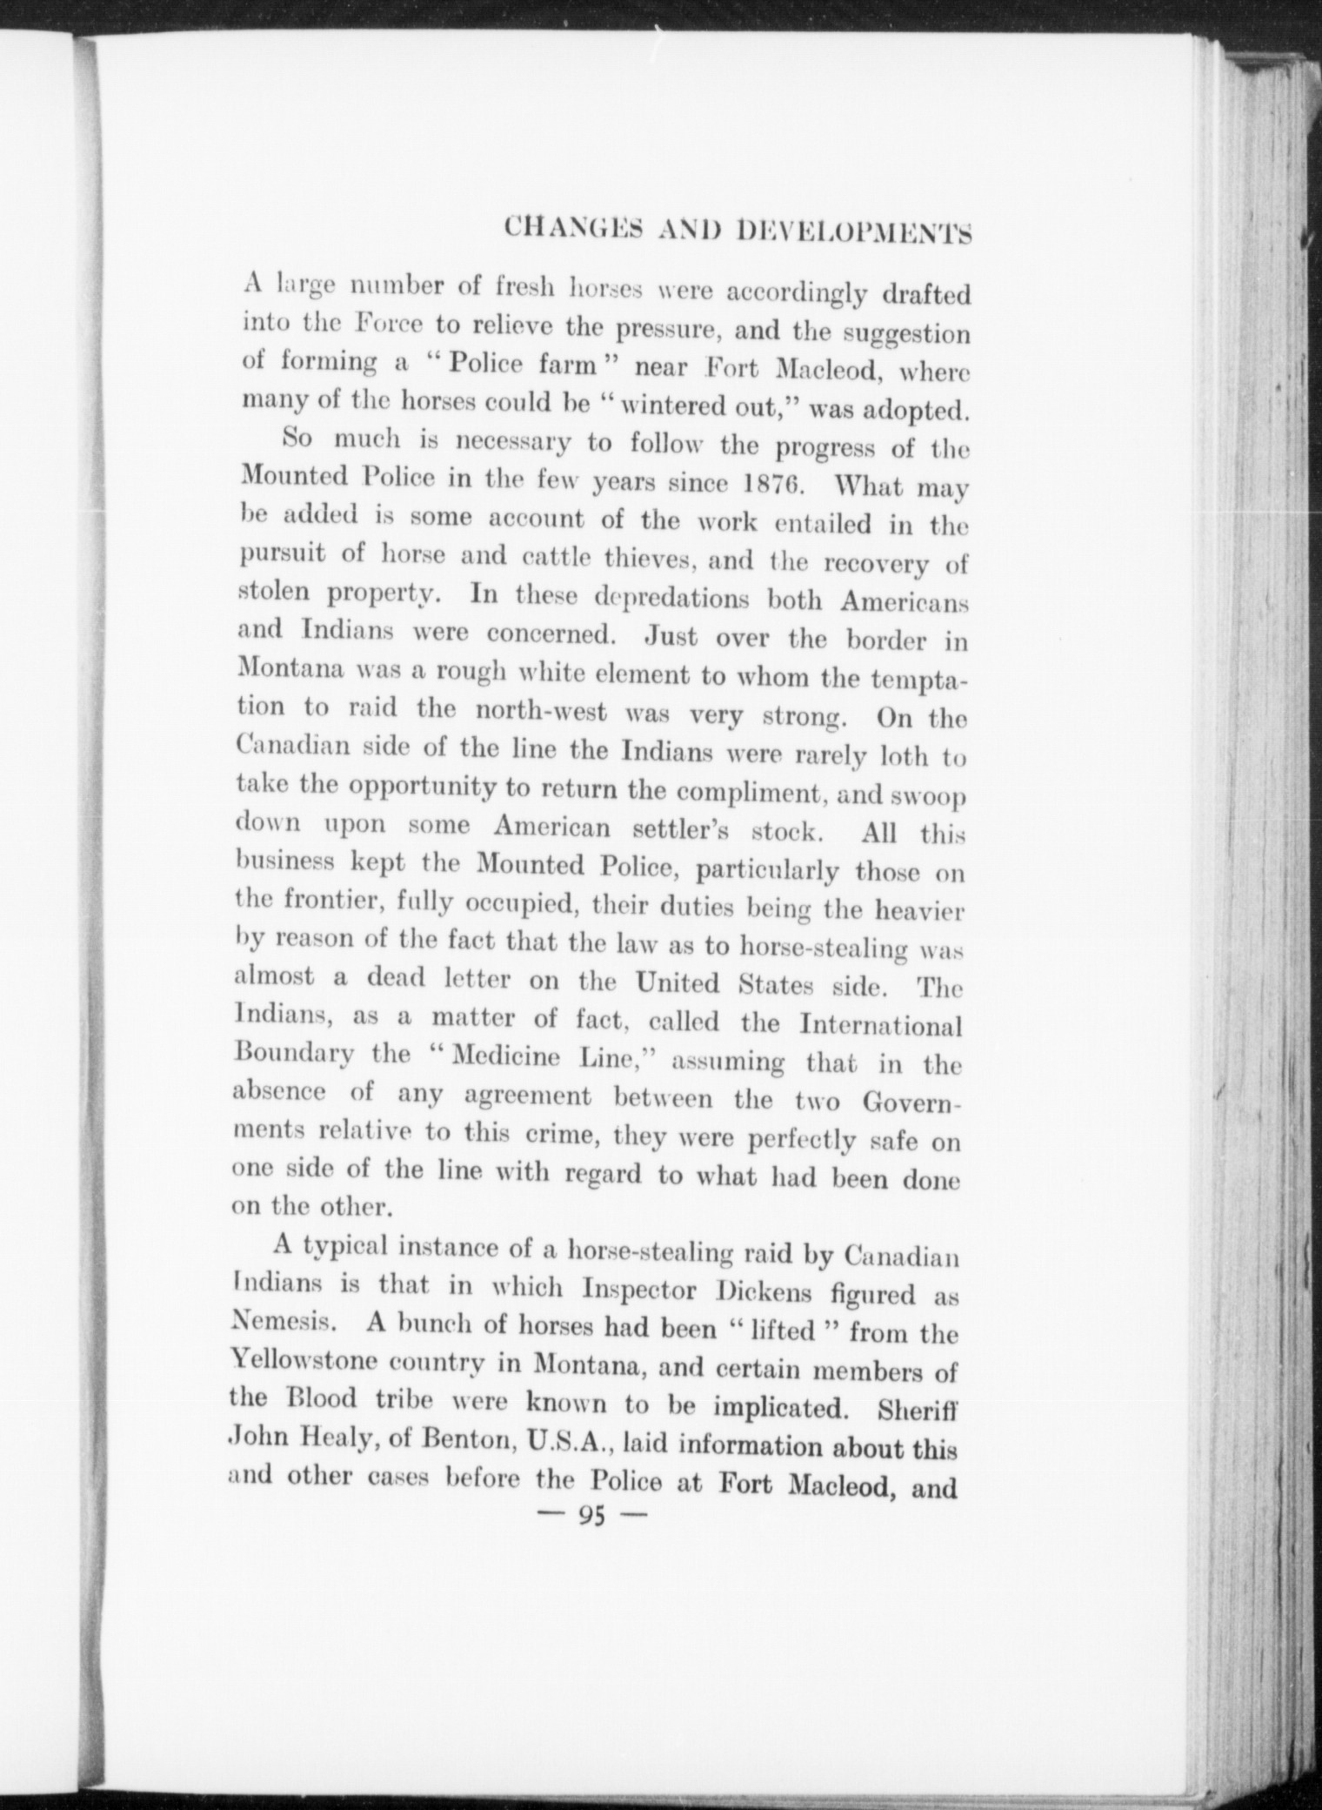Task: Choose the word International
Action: click(880, 1025)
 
